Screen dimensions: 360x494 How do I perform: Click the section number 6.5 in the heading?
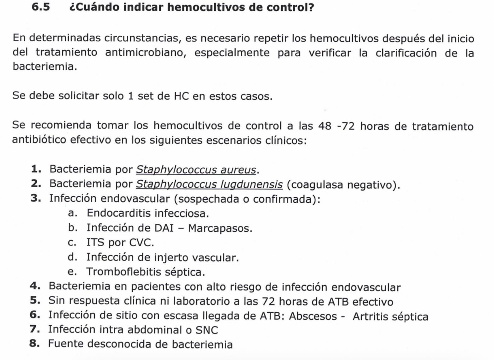click(41, 7)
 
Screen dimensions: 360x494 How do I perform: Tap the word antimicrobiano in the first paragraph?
click(145, 53)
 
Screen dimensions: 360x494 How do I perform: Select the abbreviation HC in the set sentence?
click(181, 96)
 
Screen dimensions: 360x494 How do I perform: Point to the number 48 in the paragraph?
click(325, 126)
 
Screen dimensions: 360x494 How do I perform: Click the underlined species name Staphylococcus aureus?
click(196, 170)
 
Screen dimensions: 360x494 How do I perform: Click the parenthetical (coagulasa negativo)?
click(343, 184)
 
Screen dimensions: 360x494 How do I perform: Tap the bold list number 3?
click(36, 199)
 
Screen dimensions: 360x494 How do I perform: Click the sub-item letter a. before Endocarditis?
click(72, 213)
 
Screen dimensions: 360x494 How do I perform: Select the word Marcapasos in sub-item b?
click(220, 228)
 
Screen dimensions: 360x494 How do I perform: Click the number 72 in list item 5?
click(269, 302)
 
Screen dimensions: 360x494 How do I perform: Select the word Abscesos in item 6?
click(313, 316)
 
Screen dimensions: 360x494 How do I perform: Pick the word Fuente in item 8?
click(66, 344)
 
